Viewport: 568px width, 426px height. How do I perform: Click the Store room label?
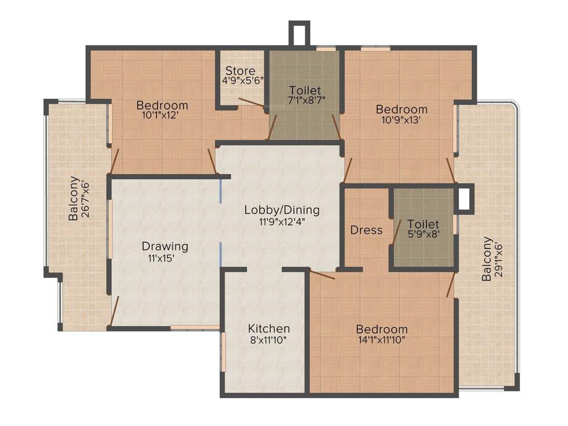point(240,71)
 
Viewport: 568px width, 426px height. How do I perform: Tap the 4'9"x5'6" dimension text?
point(240,80)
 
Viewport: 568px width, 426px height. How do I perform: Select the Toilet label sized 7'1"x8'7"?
point(305,90)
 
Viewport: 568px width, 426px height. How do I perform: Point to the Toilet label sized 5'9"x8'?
point(423,224)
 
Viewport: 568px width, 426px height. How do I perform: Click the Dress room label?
point(366,230)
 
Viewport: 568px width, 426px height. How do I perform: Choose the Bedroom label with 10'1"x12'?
point(163,105)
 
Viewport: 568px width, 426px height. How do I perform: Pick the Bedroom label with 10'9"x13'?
point(402,109)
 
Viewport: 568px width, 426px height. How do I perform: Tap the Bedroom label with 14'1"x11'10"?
point(382,329)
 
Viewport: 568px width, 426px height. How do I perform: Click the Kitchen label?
point(268,328)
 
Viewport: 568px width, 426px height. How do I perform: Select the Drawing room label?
point(165,246)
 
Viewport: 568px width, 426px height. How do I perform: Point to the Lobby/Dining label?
point(282,210)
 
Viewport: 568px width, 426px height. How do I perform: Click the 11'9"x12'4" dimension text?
point(282,220)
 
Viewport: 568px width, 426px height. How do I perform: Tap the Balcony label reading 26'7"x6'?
point(73,198)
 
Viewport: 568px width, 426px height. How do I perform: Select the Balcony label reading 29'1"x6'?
point(486,259)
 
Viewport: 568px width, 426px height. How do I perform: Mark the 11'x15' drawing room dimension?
point(165,257)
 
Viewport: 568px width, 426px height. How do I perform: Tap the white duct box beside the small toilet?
point(464,199)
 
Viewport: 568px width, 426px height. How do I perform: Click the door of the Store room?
point(252,102)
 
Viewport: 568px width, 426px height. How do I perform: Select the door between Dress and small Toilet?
point(397,231)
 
